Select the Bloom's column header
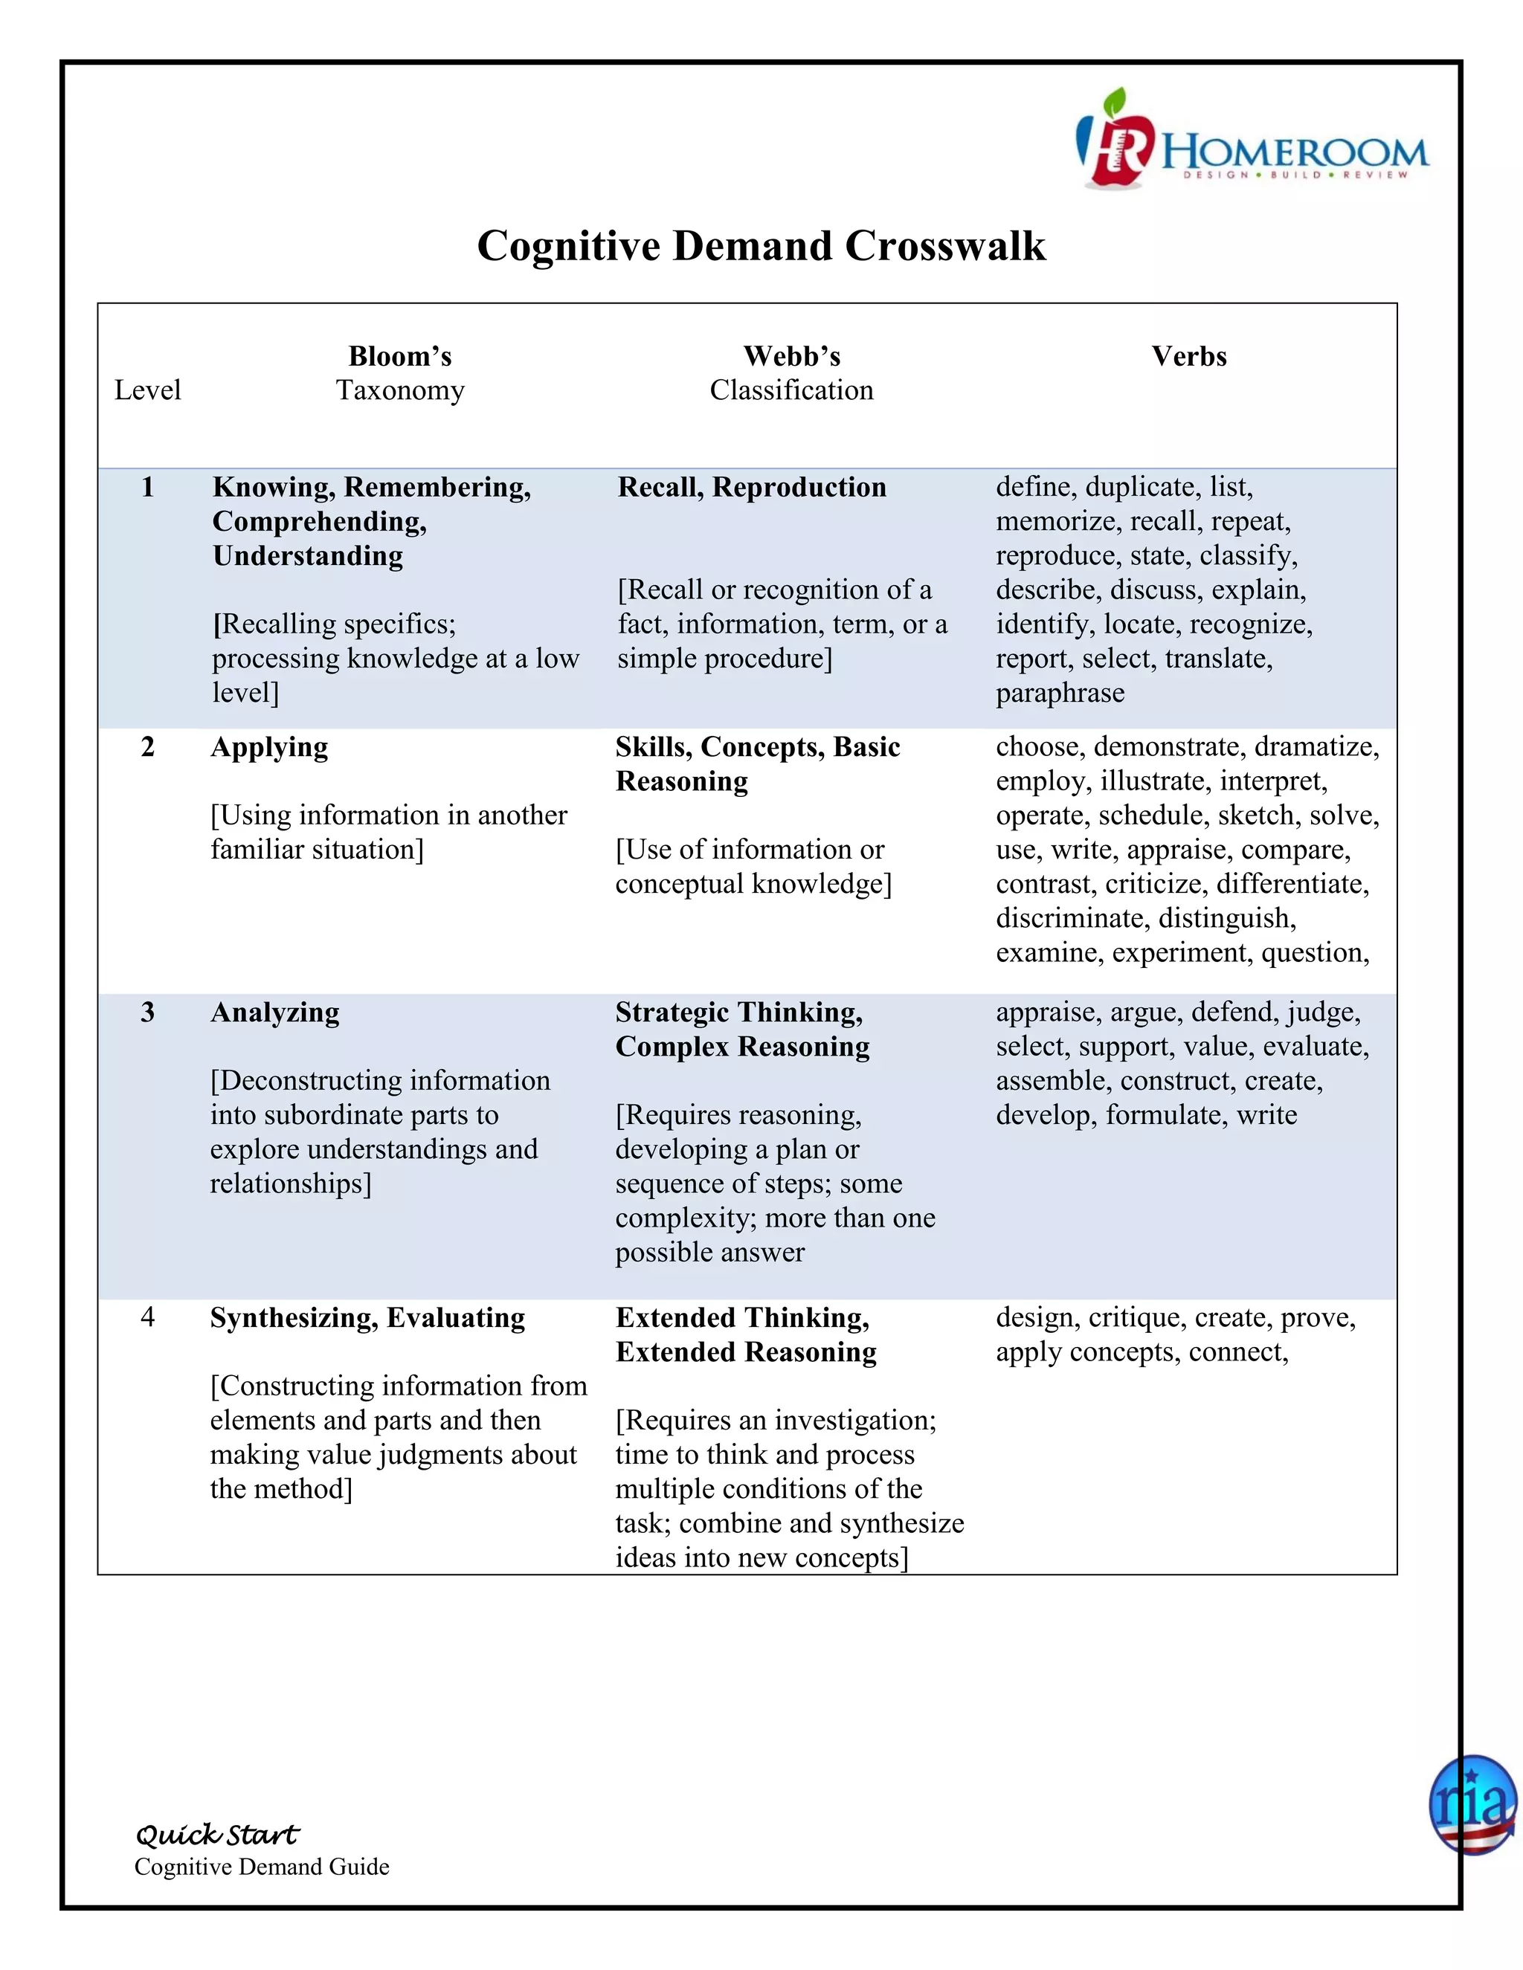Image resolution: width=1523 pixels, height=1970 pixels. pos(399,356)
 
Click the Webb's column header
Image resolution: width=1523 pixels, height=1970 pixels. pos(791,356)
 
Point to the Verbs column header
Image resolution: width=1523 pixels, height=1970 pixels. pos(1188,356)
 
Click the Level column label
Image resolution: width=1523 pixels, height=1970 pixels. pos(147,390)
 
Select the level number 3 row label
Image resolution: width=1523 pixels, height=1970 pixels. pos(148,1012)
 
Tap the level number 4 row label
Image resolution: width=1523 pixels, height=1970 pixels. pos(148,1317)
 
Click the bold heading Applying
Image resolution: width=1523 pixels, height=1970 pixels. pos(269,747)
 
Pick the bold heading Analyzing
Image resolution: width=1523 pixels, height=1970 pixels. pos(274,1012)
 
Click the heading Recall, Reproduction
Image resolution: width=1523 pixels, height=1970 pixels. pos(752,487)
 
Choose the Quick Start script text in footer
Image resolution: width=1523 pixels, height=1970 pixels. pos(216,1835)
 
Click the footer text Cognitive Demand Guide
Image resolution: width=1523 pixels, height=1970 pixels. pos(262,1867)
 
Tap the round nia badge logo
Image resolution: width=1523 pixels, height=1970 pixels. pos(1472,1805)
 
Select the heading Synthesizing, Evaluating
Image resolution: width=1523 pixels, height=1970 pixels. pos(367,1318)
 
